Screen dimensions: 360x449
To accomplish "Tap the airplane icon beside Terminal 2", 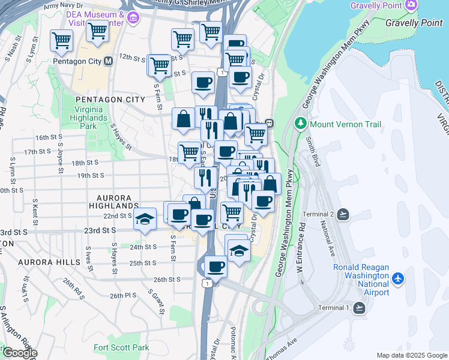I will [x=343, y=214].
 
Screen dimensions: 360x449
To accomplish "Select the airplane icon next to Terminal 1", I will [x=360, y=308].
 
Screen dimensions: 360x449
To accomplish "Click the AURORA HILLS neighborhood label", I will [x=49, y=263].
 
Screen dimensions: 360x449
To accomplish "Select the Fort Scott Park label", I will [x=121, y=347].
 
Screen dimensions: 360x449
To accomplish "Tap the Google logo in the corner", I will [x=19, y=353].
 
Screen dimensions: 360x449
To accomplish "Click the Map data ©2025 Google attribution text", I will [x=412, y=355].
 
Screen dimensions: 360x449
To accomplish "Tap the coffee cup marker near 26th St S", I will [x=215, y=266].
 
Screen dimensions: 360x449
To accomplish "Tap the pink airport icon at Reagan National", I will [x=397, y=278].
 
